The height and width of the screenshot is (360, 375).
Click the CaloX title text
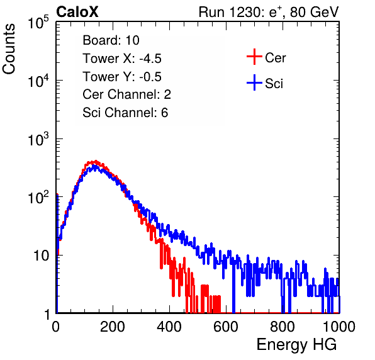click(77, 12)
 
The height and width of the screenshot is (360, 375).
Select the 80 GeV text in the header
click(314, 12)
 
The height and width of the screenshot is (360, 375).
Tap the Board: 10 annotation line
click(111, 40)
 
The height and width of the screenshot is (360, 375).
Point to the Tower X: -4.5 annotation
click(122, 58)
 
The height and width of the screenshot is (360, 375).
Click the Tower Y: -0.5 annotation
click(122, 76)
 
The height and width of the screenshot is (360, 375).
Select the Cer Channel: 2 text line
click(126, 94)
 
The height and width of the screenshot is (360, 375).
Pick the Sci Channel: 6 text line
click(125, 113)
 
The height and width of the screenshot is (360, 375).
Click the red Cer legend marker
click(254, 57)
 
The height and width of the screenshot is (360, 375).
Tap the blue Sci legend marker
click(254, 83)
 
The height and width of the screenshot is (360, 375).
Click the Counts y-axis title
click(9, 49)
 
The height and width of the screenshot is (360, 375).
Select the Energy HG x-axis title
click(296, 345)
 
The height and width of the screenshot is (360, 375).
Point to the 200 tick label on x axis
click(113, 327)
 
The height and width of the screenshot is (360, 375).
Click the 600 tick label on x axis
click(226, 327)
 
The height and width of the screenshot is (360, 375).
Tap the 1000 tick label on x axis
click(339, 327)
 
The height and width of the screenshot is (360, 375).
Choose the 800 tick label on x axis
click(283, 327)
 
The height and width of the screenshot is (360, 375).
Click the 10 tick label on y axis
click(42, 256)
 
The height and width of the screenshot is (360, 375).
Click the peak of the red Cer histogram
click(96, 161)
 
